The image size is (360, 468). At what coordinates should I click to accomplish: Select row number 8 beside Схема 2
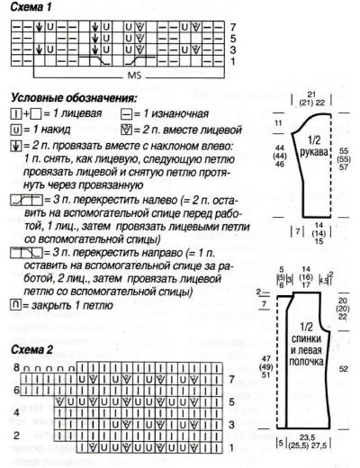coord(15,369)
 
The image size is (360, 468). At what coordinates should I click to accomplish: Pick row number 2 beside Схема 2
coord(15,435)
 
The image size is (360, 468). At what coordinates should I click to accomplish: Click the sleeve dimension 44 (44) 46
coord(280,157)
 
